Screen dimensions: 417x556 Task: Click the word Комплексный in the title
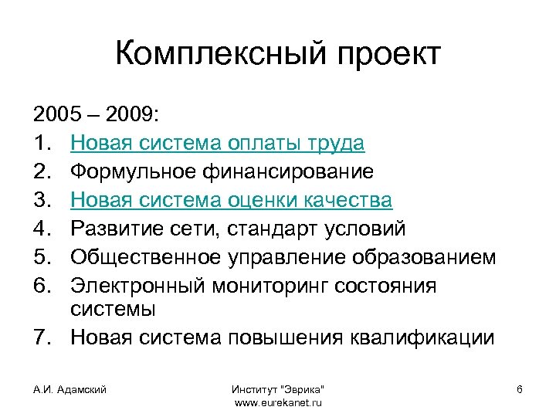coord(204,55)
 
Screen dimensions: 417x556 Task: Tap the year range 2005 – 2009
coord(96,115)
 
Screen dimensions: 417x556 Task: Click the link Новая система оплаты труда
coord(218,144)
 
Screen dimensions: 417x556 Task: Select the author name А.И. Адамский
coord(70,389)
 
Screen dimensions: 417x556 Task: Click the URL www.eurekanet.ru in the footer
coord(277,402)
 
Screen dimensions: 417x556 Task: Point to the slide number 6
coord(520,389)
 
